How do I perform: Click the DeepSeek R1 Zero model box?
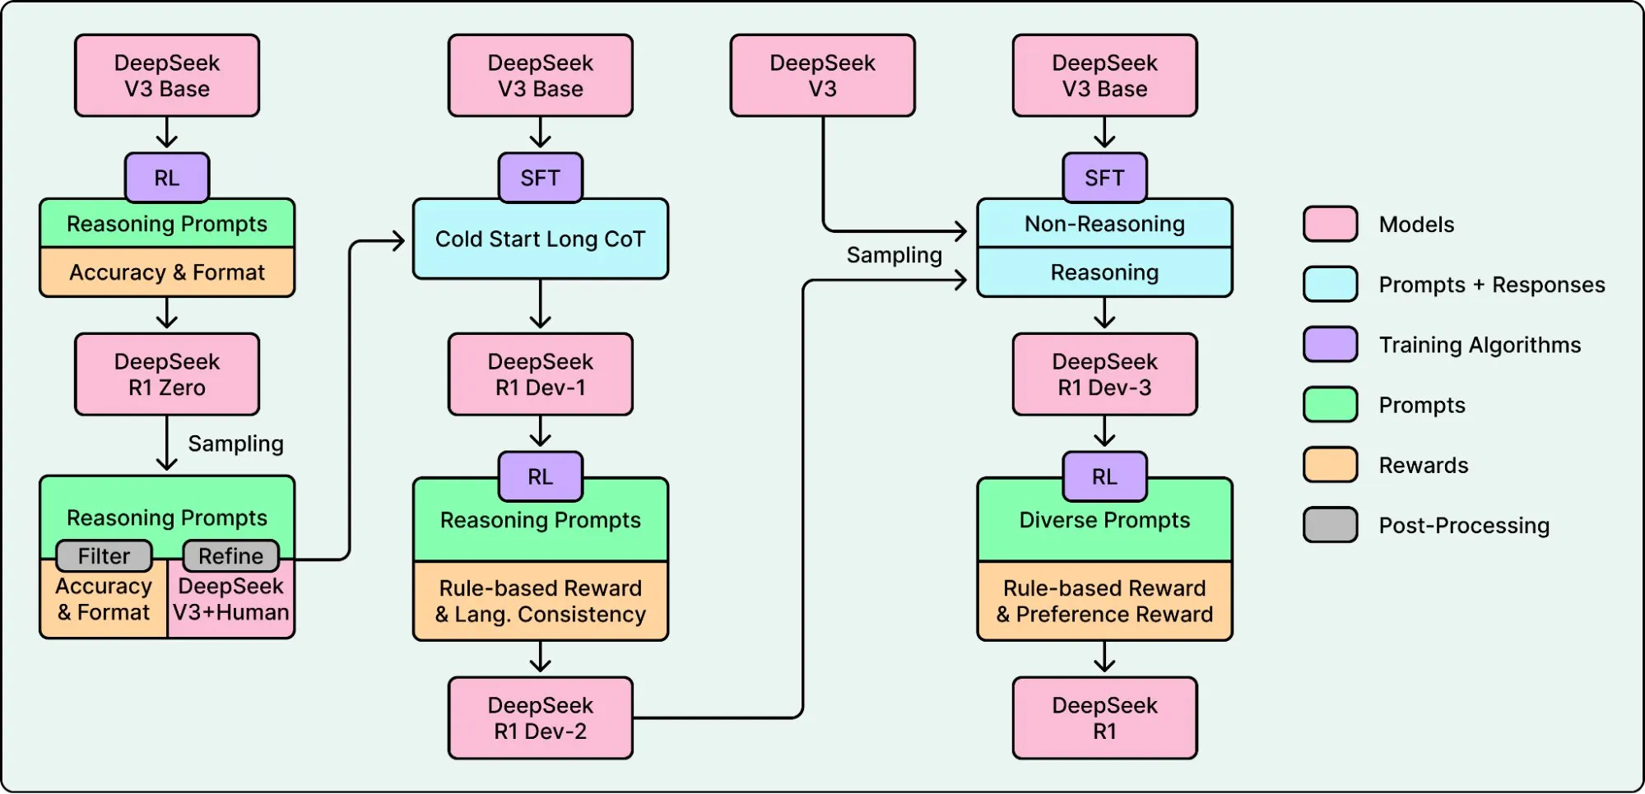(167, 374)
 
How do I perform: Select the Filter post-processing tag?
(104, 556)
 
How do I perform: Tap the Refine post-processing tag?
(230, 556)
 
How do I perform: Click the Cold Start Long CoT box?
(540, 239)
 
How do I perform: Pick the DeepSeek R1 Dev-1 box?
(540, 374)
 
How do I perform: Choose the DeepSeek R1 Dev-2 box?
(540, 718)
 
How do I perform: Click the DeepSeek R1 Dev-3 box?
(1104, 374)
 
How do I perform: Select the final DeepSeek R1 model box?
(1104, 718)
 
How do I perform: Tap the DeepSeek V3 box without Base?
(822, 76)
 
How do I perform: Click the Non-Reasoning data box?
(1104, 224)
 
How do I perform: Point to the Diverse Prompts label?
(1104, 520)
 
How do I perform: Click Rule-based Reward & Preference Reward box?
(1104, 601)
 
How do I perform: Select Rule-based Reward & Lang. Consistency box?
(540, 601)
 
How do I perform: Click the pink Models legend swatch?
(1330, 224)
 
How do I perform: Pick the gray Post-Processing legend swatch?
(1330, 525)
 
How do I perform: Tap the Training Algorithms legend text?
(1480, 345)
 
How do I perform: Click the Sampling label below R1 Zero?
(235, 443)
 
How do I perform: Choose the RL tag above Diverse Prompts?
(1104, 476)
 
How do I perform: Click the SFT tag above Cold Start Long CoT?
(540, 178)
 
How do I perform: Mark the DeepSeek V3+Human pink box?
(230, 600)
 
